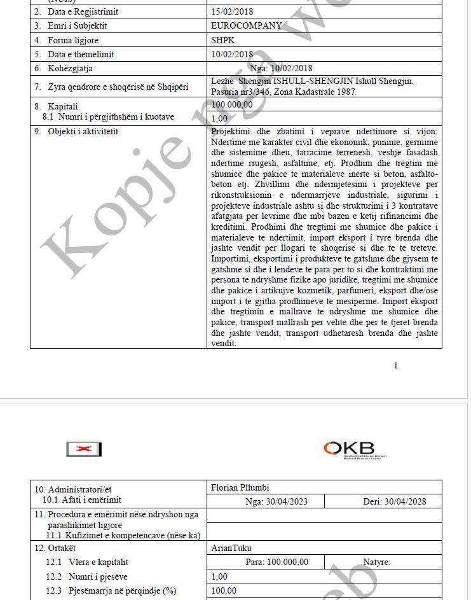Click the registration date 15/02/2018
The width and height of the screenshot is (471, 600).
click(232, 12)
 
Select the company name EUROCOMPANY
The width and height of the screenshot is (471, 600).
click(246, 26)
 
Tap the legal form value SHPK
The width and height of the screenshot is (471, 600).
click(223, 40)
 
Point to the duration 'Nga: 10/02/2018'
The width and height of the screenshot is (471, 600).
click(282, 69)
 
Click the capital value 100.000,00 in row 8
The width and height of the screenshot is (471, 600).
click(232, 105)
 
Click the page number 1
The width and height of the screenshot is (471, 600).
click(396, 365)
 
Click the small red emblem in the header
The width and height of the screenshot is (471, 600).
click(84, 449)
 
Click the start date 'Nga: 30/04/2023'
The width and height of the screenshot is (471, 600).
click(276, 501)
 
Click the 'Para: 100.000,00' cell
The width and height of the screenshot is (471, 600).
click(276, 562)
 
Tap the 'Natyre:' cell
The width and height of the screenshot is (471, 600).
click(376, 562)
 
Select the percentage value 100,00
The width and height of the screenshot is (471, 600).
click(224, 590)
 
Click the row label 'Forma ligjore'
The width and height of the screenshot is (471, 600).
click(73, 41)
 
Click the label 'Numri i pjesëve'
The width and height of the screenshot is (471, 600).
click(98, 576)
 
